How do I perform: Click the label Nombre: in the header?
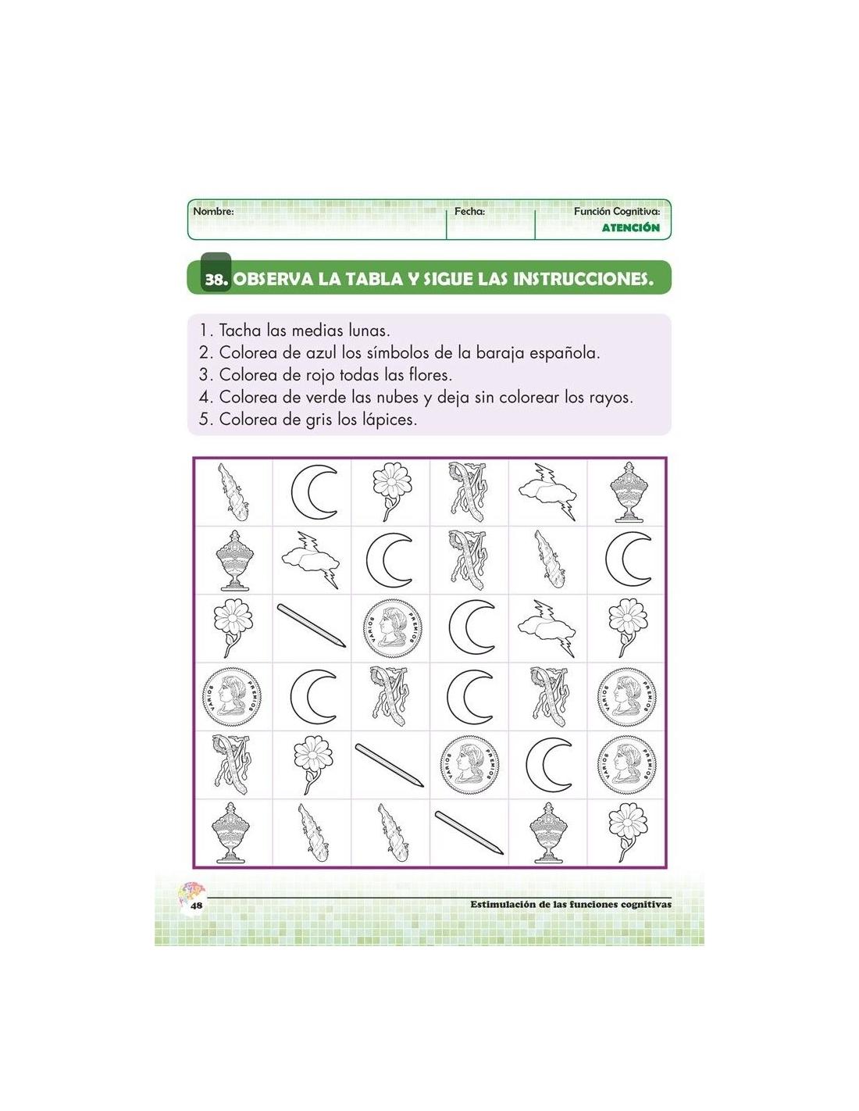tap(213, 211)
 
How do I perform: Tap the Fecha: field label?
tap(469, 211)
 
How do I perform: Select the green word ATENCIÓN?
tap(630, 227)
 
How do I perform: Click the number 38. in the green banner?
tap(217, 280)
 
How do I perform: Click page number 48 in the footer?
tap(196, 905)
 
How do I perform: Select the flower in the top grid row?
tap(391, 491)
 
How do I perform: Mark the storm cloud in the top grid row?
tap(547, 492)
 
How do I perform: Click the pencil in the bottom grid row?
tap(469, 832)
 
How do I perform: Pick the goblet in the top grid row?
tap(627, 492)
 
